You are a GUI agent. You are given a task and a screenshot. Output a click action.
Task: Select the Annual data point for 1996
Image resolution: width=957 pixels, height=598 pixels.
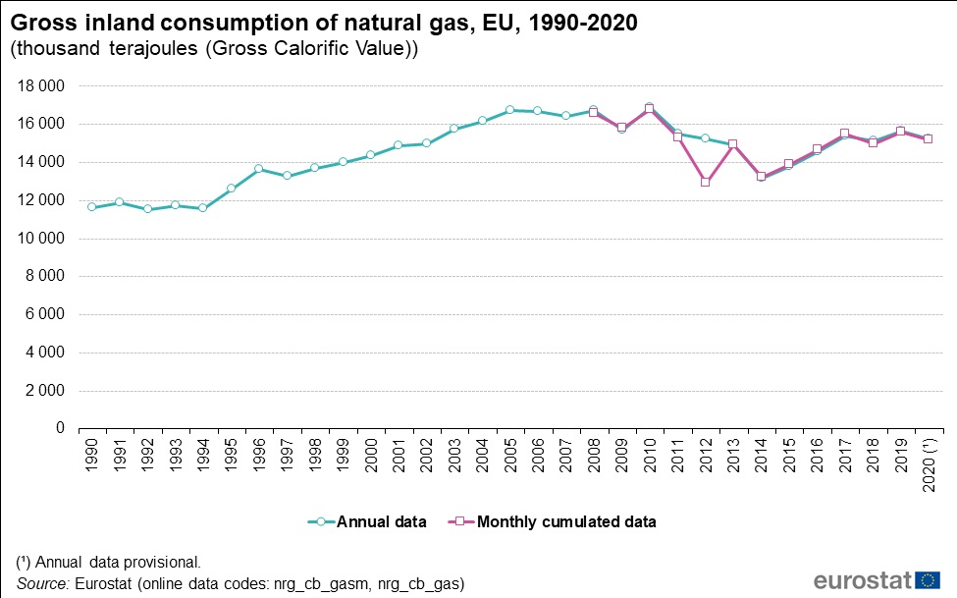click(258, 169)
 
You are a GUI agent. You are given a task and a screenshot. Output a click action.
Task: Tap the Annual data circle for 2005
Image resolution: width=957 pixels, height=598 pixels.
click(509, 110)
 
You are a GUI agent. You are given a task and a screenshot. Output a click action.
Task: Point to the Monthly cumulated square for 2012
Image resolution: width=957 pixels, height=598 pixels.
click(705, 182)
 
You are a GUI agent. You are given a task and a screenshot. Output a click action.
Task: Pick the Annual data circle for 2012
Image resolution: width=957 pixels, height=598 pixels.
click(705, 138)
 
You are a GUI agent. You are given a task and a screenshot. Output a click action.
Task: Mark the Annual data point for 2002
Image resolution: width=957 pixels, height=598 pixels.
click(426, 143)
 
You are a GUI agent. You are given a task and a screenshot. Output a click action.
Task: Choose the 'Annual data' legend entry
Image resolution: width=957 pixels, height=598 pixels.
click(367, 522)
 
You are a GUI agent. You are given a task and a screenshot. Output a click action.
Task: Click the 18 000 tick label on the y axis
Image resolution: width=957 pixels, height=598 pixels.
click(41, 86)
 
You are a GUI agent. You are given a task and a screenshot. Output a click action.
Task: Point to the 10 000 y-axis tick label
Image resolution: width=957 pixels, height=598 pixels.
click(41, 239)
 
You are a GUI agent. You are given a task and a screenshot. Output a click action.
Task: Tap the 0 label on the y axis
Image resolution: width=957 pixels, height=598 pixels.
click(60, 429)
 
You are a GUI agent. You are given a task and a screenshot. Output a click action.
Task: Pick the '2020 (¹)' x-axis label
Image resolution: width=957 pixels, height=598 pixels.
click(928, 462)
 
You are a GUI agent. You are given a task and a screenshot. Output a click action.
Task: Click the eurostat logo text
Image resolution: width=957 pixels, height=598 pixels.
click(861, 580)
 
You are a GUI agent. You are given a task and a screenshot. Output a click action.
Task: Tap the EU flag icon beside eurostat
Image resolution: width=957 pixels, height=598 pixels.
click(928, 579)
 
